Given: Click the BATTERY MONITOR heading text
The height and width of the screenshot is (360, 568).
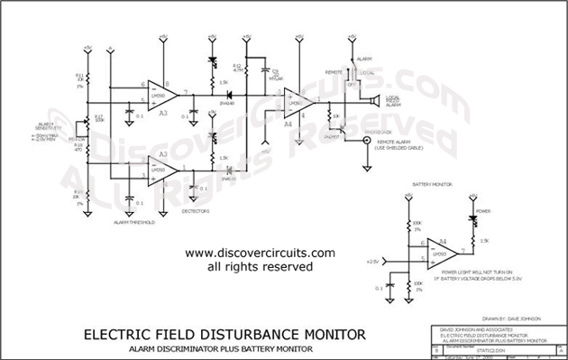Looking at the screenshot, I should click(x=432, y=183).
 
